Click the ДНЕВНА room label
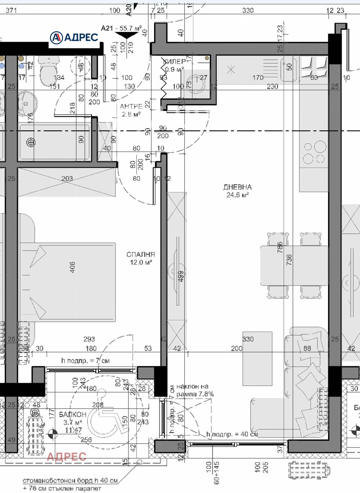coord(237,187)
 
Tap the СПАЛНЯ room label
coord(140,254)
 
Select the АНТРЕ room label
coord(131,106)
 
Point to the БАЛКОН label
coord(73,414)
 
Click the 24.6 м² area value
coord(237,195)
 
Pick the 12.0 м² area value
coord(141,263)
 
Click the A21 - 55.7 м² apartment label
coord(121,28)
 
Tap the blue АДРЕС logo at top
coord(74,37)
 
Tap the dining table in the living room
coord(294,265)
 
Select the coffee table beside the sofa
coord(257,359)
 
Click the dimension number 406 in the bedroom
coord(72,267)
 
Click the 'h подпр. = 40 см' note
coord(232,434)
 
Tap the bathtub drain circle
coord(31,143)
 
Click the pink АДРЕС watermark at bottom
coord(67,457)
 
